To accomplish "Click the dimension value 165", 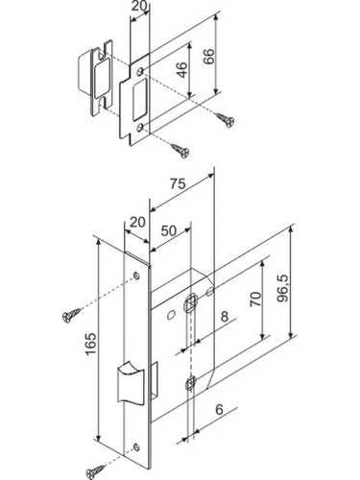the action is coord(91,344).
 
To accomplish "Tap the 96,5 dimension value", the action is coord(282,288).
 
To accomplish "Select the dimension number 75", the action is coord(178,183).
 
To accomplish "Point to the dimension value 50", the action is coord(169,230).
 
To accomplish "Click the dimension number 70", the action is coord(255,299).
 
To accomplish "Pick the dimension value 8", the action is coord(225,316).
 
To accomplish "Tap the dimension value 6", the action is coord(219,410).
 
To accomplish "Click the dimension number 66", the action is coord(209,57).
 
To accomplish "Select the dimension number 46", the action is coord(181,69).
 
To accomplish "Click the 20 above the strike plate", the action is coord(139,6).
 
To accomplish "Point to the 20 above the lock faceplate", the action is coord(137,222).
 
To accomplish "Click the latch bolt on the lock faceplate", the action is coord(131,382).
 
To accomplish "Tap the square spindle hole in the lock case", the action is coord(190,301).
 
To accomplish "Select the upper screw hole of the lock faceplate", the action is coord(136,276).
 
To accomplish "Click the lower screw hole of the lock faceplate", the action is coord(136,446).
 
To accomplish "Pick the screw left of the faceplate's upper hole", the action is coord(71,315).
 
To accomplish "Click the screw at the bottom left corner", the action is coord(95,471).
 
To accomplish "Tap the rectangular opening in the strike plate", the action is coord(139,96).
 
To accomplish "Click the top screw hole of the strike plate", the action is coord(140,71).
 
